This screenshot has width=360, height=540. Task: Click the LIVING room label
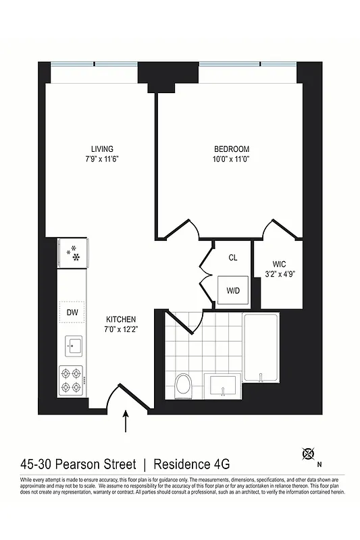pos(102,148)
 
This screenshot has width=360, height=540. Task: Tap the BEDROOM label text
pos(232,149)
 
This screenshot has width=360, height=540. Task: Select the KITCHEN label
pos(122,319)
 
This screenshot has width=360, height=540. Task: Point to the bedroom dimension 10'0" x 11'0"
pos(232,160)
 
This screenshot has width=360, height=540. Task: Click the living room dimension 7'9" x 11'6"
pos(102,159)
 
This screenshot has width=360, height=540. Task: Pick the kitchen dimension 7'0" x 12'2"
pos(122,330)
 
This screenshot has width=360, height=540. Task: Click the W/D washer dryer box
pos(232,292)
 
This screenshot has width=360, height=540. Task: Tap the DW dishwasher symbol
pos(72,312)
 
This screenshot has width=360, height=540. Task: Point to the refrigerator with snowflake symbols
pos(72,253)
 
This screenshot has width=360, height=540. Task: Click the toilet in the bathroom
pos(182,387)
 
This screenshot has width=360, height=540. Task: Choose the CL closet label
pos(232,257)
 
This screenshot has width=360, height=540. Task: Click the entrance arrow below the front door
pos(126,423)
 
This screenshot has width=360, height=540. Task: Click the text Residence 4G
pos(192,464)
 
